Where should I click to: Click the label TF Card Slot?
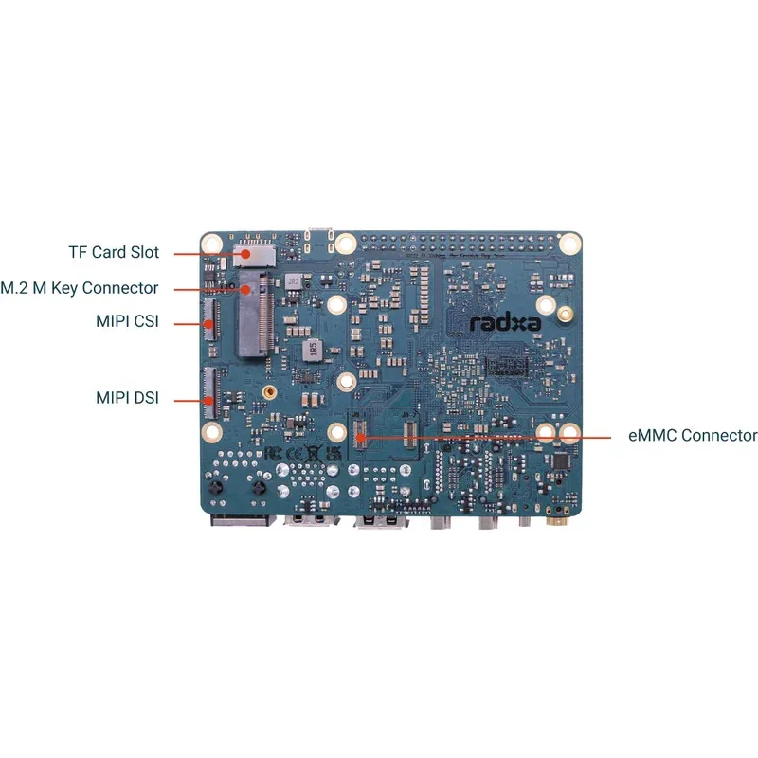(x=114, y=253)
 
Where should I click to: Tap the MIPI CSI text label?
(x=126, y=321)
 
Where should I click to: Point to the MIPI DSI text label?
(x=127, y=398)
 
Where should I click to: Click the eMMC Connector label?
(x=693, y=436)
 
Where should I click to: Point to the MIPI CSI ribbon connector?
(x=209, y=322)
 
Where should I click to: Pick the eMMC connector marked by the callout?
(x=360, y=437)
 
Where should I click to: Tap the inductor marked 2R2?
(x=294, y=281)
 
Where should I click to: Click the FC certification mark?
(x=272, y=453)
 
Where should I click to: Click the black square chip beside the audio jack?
(x=560, y=460)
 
